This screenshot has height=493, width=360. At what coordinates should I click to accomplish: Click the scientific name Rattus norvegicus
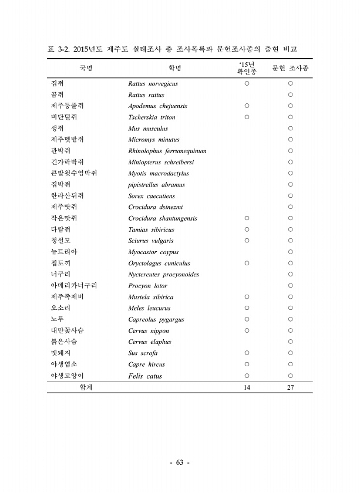pyautogui.click(x=153, y=83)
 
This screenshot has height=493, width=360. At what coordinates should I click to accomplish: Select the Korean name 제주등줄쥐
pyautogui.click(x=68, y=106)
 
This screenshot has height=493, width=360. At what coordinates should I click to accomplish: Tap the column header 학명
pyautogui.click(x=174, y=68)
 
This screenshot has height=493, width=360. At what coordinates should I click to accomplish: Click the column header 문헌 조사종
pyautogui.click(x=290, y=68)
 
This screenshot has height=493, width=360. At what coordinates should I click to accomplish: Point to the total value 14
pyautogui.click(x=247, y=387)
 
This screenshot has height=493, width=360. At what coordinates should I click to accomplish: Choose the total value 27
pyautogui.click(x=290, y=387)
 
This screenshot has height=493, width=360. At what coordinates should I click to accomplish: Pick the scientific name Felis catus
pyautogui.click(x=145, y=376)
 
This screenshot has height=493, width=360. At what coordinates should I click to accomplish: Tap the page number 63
pyautogui.click(x=180, y=462)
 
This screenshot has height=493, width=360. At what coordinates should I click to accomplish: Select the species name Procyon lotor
pyautogui.click(x=147, y=286)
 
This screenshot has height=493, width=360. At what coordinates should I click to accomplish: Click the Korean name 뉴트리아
pyautogui.click(x=64, y=252)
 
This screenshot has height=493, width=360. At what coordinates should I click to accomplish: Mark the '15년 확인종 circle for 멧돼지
pyautogui.click(x=247, y=353)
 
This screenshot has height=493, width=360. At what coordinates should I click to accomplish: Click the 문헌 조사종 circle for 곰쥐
pyautogui.click(x=290, y=95)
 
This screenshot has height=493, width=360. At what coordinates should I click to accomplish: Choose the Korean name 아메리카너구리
pyautogui.click(x=74, y=286)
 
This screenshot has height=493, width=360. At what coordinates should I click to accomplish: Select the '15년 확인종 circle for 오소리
pyautogui.click(x=247, y=308)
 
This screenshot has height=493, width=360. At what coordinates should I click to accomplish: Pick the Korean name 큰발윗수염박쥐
pyautogui.click(x=74, y=173)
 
